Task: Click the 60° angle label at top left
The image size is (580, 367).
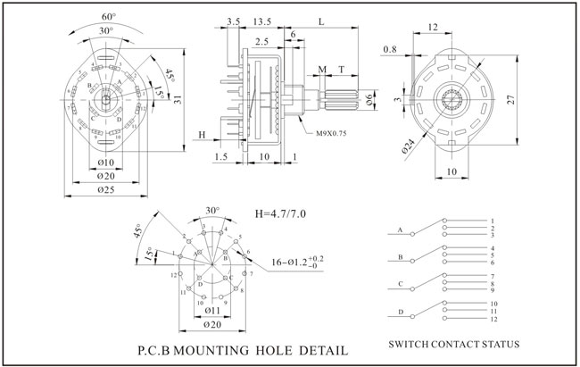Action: coord(108,16)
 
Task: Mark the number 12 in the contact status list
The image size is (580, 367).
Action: coord(493,319)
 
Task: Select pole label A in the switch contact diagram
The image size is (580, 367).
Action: coord(400,229)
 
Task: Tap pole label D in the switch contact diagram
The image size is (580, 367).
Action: coord(400,310)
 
